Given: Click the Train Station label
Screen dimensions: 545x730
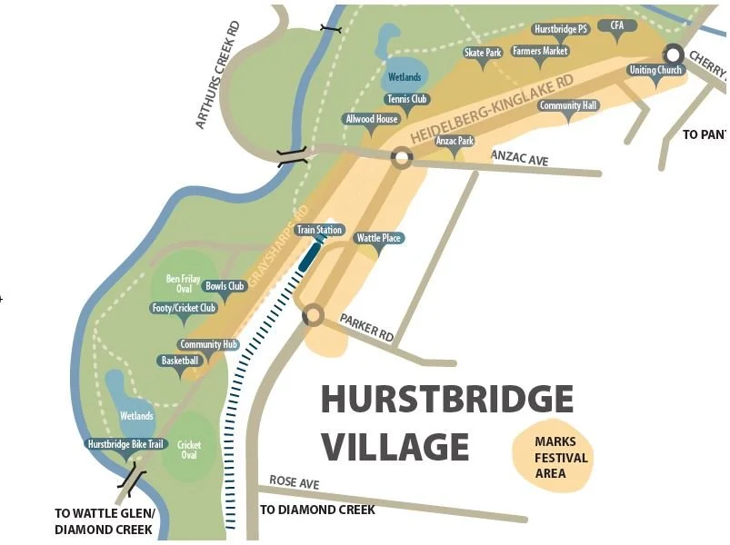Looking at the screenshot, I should click(319, 230).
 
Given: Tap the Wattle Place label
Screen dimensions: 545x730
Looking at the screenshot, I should click(379, 238).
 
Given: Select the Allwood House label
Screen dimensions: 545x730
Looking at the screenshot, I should click(371, 119).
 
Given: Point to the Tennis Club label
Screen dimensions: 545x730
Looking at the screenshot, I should click(407, 99).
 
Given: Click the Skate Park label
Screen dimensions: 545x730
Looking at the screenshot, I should click(483, 53).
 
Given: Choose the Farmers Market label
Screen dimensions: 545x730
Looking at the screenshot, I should click(540, 51).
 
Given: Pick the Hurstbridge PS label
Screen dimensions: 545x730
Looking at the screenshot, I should click(561, 29).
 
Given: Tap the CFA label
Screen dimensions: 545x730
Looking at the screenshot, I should click(617, 25).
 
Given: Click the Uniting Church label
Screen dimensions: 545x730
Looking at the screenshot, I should click(655, 70).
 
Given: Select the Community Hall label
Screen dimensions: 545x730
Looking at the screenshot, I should click(568, 105).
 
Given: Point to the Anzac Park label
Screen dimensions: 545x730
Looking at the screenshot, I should click(455, 141).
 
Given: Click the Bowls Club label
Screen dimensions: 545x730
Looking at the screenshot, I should click(225, 286).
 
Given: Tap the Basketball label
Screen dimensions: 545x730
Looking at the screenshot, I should click(179, 361).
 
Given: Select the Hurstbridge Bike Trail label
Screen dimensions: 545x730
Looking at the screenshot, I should click(125, 445).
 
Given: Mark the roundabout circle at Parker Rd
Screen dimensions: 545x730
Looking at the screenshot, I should click(313, 315).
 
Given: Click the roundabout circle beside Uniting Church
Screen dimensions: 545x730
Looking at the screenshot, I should click(673, 53).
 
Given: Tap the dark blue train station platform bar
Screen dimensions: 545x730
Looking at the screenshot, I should click(308, 257).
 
